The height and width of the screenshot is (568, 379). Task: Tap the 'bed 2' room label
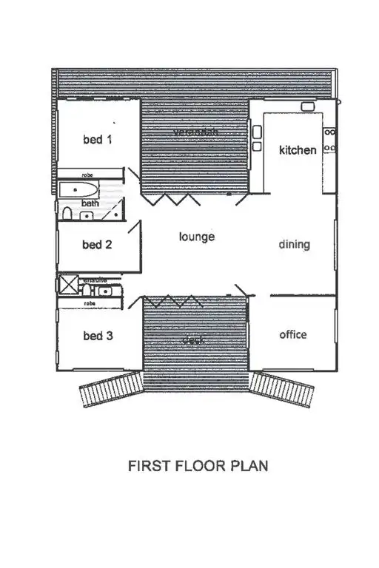click(97, 245)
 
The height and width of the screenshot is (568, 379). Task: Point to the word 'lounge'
click(197, 237)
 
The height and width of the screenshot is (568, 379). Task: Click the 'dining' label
click(294, 244)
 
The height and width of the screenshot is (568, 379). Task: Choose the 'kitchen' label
click(298, 150)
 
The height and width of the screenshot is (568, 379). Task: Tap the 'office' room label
click(292, 334)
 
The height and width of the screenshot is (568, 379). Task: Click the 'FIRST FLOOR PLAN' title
click(198, 467)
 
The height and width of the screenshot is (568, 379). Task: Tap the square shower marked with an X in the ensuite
click(68, 285)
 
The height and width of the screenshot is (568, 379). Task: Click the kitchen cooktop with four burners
click(330, 140)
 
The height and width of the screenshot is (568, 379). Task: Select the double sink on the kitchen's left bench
click(257, 139)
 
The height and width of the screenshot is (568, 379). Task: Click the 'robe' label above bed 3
click(90, 303)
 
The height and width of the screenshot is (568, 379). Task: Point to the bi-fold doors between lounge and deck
click(172, 300)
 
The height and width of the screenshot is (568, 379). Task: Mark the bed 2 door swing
click(133, 229)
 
